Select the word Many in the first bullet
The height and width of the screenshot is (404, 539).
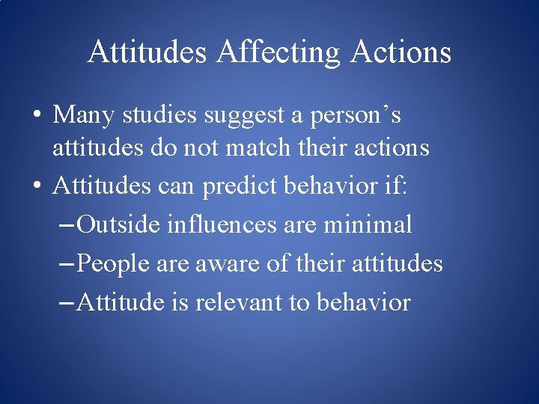click(x=79, y=114)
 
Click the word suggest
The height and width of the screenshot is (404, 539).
click(x=244, y=116)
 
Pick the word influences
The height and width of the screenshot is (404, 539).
click(x=223, y=224)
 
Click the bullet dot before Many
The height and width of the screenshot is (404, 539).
click(x=36, y=116)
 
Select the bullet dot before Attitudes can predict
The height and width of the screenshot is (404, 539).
click(x=36, y=186)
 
